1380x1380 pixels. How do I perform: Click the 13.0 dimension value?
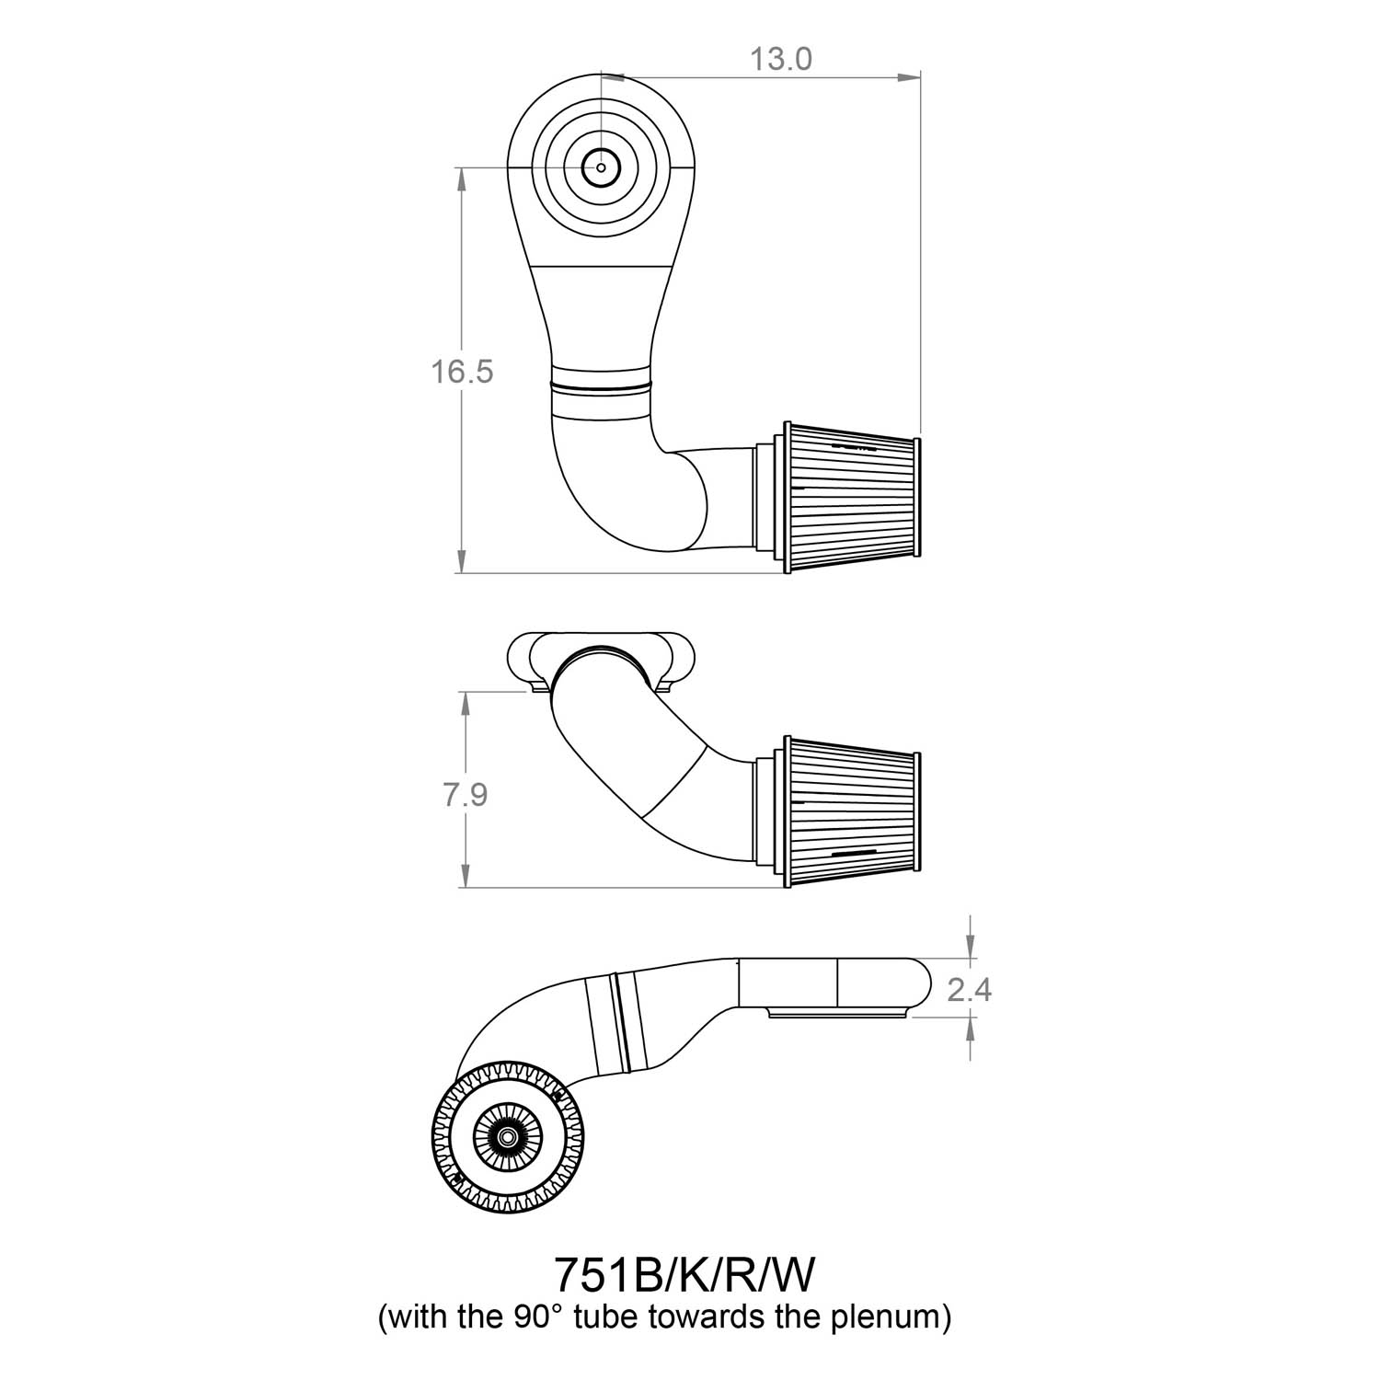tap(781, 59)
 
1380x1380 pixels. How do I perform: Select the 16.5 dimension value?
tap(462, 372)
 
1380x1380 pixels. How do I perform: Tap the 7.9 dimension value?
tap(466, 794)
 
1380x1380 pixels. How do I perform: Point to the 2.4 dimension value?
tap(969, 990)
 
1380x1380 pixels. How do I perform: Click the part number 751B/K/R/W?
tap(684, 1275)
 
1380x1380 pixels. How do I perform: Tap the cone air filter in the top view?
tap(850, 498)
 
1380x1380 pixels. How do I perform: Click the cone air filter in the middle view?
tap(850, 811)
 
